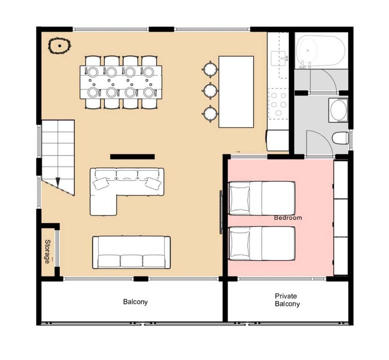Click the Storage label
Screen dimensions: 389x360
coord(47,251)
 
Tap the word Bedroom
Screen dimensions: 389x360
coord(288,218)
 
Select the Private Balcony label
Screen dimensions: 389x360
coord(287,300)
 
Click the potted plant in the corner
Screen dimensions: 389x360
coord(59,46)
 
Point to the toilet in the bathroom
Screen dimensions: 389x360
coord(340,138)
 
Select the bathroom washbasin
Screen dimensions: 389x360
coord(338,110)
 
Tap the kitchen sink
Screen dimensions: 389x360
coord(279,59)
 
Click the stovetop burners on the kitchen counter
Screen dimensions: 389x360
coord(279,104)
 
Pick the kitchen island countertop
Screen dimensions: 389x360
coord(236,92)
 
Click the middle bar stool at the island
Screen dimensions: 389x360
coord(210,91)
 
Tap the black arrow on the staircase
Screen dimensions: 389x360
coord(58,182)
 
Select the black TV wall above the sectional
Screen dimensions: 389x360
coord(132,156)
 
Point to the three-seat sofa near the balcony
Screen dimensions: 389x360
coord(132,252)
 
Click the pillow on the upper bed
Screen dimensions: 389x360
coord(240,198)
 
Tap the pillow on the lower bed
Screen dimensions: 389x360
coord(240,244)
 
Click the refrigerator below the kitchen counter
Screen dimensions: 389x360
coord(278,140)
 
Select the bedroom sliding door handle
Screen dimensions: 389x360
coord(221,212)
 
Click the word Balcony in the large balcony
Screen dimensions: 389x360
coord(135,302)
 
